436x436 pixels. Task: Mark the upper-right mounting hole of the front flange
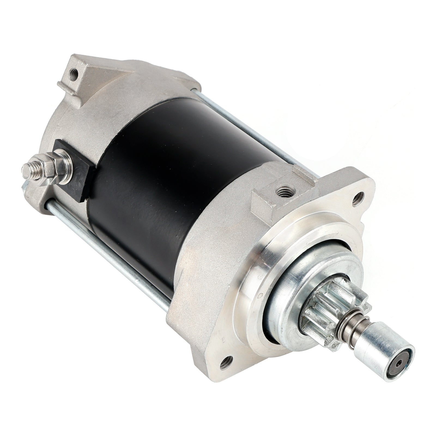coord(359,197)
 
